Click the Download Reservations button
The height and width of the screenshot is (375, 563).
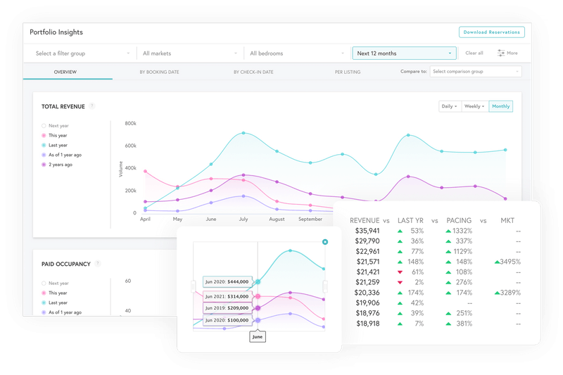pyautogui.click(x=492, y=32)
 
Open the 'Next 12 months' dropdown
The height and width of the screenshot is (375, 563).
pyautogui.click(x=404, y=53)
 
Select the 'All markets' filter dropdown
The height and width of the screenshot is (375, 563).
pyautogui.click(x=189, y=53)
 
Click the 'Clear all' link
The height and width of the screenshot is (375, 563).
pyautogui.click(x=474, y=53)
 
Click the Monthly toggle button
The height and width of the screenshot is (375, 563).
pyautogui.click(x=501, y=106)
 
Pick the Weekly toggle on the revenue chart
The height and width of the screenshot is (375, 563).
pyautogui.click(x=474, y=106)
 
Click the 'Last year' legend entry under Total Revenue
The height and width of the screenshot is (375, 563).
pyautogui.click(x=58, y=145)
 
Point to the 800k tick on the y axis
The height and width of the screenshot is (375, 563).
pyautogui.click(x=130, y=123)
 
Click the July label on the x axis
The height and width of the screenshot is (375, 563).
pyautogui.click(x=243, y=220)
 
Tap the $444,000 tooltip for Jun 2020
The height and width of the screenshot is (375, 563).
pyautogui.click(x=227, y=281)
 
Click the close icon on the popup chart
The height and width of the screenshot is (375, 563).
pyautogui.click(x=325, y=242)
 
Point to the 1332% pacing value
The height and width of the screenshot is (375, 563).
pyautogui.click(x=462, y=231)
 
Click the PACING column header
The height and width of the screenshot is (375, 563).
pyautogui.click(x=460, y=220)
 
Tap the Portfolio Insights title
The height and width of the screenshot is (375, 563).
pyautogui.click(x=57, y=32)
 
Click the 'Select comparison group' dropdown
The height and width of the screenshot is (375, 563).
pyautogui.click(x=476, y=72)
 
